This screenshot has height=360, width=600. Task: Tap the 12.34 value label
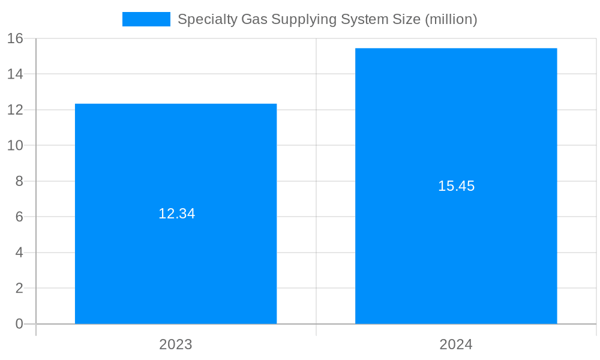tap(176, 214)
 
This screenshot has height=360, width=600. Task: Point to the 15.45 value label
tap(456, 186)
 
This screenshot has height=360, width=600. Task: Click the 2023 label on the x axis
tap(176, 344)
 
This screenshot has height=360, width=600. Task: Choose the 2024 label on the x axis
tap(456, 344)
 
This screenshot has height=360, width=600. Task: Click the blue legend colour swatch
tap(146, 19)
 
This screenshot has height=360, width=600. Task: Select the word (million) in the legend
tap(451, 19)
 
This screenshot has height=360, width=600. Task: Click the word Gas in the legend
tap(254, 19)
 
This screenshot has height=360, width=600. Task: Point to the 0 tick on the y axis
tap(19, 324)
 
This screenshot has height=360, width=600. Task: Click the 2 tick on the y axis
tap(19, 288)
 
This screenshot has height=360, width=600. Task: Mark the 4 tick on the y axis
tap(19, 253)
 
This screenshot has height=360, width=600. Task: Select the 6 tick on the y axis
tap(19, 217)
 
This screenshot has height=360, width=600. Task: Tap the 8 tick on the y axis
tap(19, 181)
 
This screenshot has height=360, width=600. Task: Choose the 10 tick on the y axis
tap(16, 145)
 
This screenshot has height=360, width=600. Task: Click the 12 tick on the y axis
tap(16, 110)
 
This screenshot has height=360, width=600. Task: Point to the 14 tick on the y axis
tap(16, 74)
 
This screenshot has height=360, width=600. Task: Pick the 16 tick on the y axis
tap(16, 38)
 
